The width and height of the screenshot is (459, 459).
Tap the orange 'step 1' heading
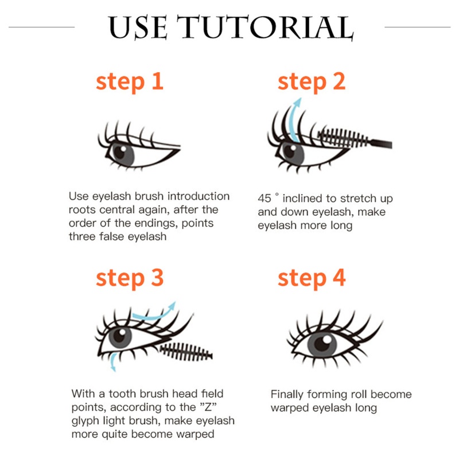[x=130, y=81]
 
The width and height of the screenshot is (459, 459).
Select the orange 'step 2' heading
[x=312, y=81]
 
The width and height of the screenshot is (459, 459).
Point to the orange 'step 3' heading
[x=130, y=278]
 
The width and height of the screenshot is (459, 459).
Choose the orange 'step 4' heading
[x=312, y=278]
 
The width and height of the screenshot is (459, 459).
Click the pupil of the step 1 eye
[x=120, y=151]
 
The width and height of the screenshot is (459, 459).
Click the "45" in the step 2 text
[x=264, y=199]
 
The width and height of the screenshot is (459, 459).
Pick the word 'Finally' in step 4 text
[x=287, y=395]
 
